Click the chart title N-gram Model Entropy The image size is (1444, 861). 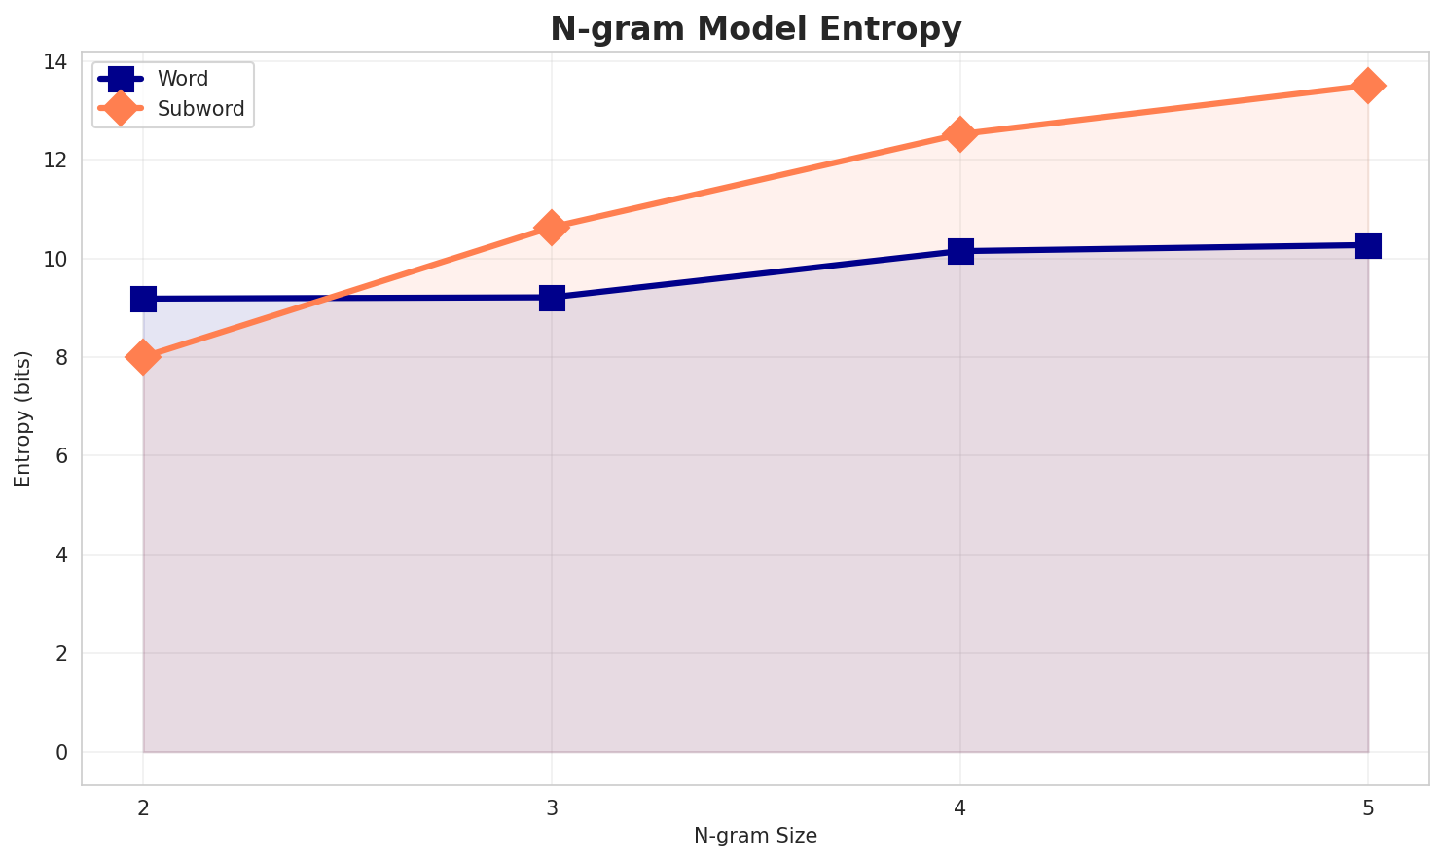tap(755, 29)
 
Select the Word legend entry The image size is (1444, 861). tap(182, 79)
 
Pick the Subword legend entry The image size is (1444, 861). tap(200, 109)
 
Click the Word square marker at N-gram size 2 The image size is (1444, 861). tap(143, 299)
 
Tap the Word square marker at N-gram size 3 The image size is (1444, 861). tap(552, 298)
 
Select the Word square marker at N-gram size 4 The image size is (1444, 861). tap(960, 251)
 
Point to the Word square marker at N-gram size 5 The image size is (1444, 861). tap(1368, 245)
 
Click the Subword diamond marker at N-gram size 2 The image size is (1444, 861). tap(143, 357)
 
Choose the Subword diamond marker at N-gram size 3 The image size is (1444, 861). tap(552, 228)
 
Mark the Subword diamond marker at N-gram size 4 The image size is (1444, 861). tap(960, 134)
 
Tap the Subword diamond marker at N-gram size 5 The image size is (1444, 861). tap(1368, 86)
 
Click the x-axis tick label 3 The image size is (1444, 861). tap(552, 809)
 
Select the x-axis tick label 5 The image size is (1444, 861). tap(1368, 809)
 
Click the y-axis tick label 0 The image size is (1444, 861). tap(62, 752)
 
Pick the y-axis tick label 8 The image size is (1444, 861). tap(62, 358)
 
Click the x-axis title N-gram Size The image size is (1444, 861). tap(755, 836)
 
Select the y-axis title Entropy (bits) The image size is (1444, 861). tap(22, 419)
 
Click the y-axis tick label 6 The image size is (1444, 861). tap(62, 456)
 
